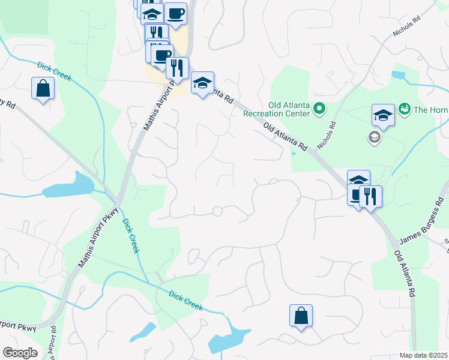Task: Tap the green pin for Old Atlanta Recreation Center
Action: pyautogui.click(x=319, y=109)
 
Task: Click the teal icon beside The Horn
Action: pyautogui.click(x=405, y=109)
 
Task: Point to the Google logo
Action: pyautogui.click(x=19, y=353)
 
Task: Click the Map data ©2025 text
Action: pyautogui.click(x=424, y=355)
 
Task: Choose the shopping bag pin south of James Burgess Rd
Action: pyautogui.click(x=301, y=316)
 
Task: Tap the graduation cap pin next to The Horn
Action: pyautogui.click(x=383, y=114)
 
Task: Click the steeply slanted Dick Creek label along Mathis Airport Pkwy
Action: pyautogui.click(x=131, y=236)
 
